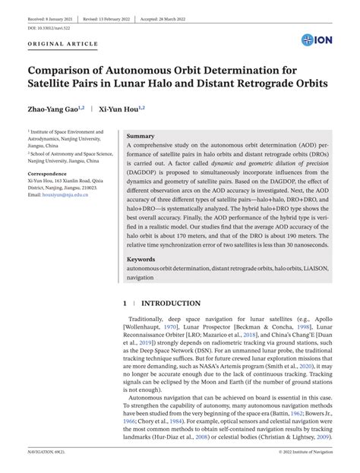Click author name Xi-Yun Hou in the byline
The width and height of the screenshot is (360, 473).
tap(121, 109)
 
